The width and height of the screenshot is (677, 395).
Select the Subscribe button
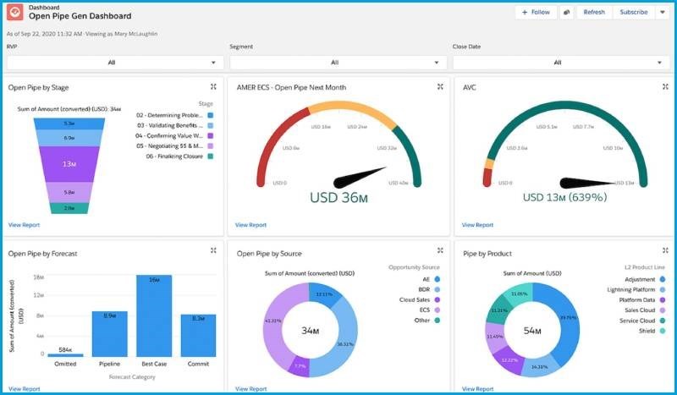633,13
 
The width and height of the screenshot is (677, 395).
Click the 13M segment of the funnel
69,163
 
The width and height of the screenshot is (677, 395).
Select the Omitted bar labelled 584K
65,354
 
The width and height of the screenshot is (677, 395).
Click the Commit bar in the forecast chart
198,335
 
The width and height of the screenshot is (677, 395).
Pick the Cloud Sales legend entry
415,299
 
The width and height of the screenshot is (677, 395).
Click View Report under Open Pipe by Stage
25,225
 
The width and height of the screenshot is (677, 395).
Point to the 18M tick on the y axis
37,277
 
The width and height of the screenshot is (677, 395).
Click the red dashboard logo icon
16,12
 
